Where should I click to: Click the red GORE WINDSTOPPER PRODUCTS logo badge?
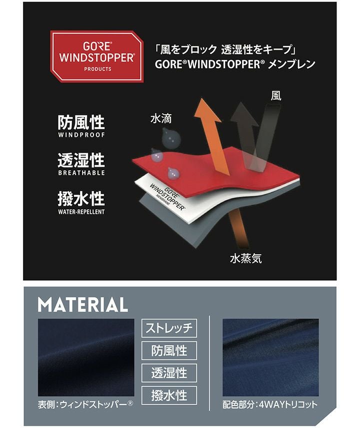(x=97, y=57)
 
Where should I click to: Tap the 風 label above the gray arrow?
(x=275, y=96)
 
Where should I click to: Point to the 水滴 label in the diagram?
(x=161, y=119)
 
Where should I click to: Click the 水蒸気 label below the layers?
(x=245, y=258)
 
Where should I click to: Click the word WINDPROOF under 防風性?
(x=81, y=135)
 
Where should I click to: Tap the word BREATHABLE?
(x=81, y=173)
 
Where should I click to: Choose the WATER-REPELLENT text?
(x=81, y=212)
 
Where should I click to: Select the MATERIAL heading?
(x=83, y=304)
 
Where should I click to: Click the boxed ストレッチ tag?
(x=169, y=328)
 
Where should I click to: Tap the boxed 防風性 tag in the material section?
(x=169, y=350)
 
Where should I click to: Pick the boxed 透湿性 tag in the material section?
(x=169, y=373)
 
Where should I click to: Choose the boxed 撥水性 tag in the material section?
(x=169, y=395)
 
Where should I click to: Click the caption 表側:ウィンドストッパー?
(x=85, y=404)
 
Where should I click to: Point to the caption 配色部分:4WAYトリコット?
(x=270, y=404)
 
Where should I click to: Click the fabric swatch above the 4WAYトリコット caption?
(x=270, y=357)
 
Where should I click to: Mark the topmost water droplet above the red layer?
(x=171, y=138)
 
